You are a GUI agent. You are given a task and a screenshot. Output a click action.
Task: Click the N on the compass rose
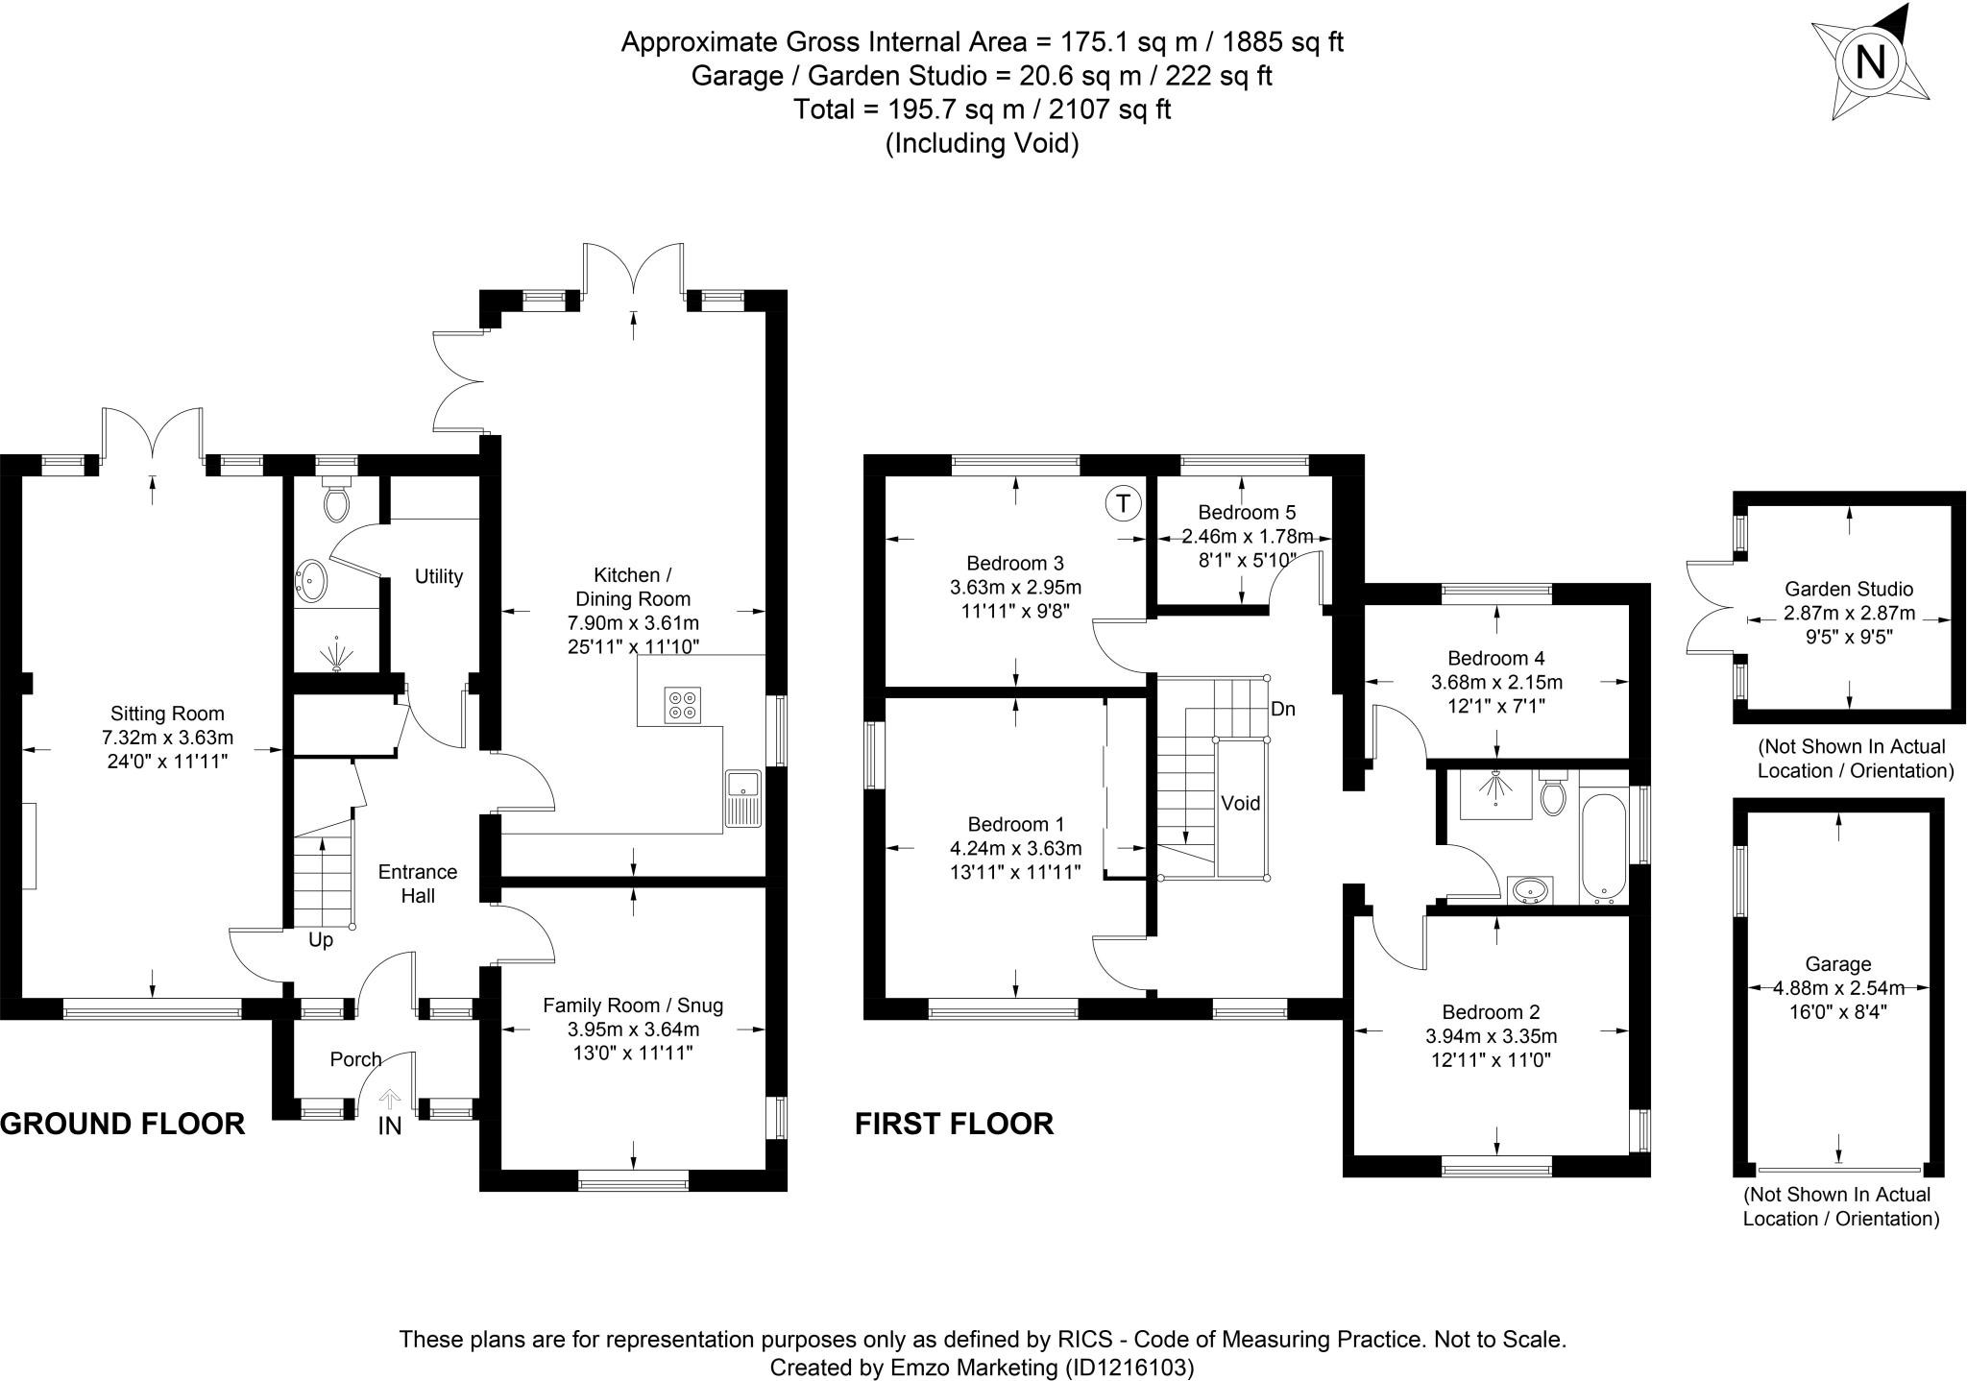[1870, 62]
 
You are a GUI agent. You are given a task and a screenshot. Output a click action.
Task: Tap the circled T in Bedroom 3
[1124, 503]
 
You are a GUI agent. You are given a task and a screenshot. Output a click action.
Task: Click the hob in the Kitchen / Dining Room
[682, 705]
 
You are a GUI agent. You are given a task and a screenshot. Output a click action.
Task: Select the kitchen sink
[743, 798]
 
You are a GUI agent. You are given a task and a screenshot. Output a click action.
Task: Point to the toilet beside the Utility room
[336, 501]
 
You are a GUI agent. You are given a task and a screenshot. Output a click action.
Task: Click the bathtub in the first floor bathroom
[1602, 849]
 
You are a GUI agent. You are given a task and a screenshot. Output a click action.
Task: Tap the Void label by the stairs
[1240, 803]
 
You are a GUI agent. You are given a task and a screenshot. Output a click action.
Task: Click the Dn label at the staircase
[1283, 710]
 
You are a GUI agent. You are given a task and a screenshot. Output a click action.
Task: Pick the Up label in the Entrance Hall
[321, 940]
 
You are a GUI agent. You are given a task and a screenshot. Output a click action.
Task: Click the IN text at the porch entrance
[389, 1126]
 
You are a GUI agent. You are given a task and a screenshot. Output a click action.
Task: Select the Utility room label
[439, 576]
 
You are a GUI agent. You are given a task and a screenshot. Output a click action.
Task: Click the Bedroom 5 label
[1239, 513]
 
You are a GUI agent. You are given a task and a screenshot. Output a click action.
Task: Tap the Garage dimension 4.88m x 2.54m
[1838, 987]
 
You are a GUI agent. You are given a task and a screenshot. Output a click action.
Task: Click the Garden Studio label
[1849, 589]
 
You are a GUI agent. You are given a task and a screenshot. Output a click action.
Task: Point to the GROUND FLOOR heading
[123, 1123]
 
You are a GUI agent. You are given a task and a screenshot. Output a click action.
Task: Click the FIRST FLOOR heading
[954, 1123]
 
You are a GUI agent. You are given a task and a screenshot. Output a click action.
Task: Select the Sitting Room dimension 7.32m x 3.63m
[168, 738]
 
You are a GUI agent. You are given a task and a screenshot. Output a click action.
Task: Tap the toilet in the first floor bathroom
[1552, 795]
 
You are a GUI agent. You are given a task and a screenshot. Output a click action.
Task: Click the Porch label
[355, 1059]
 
